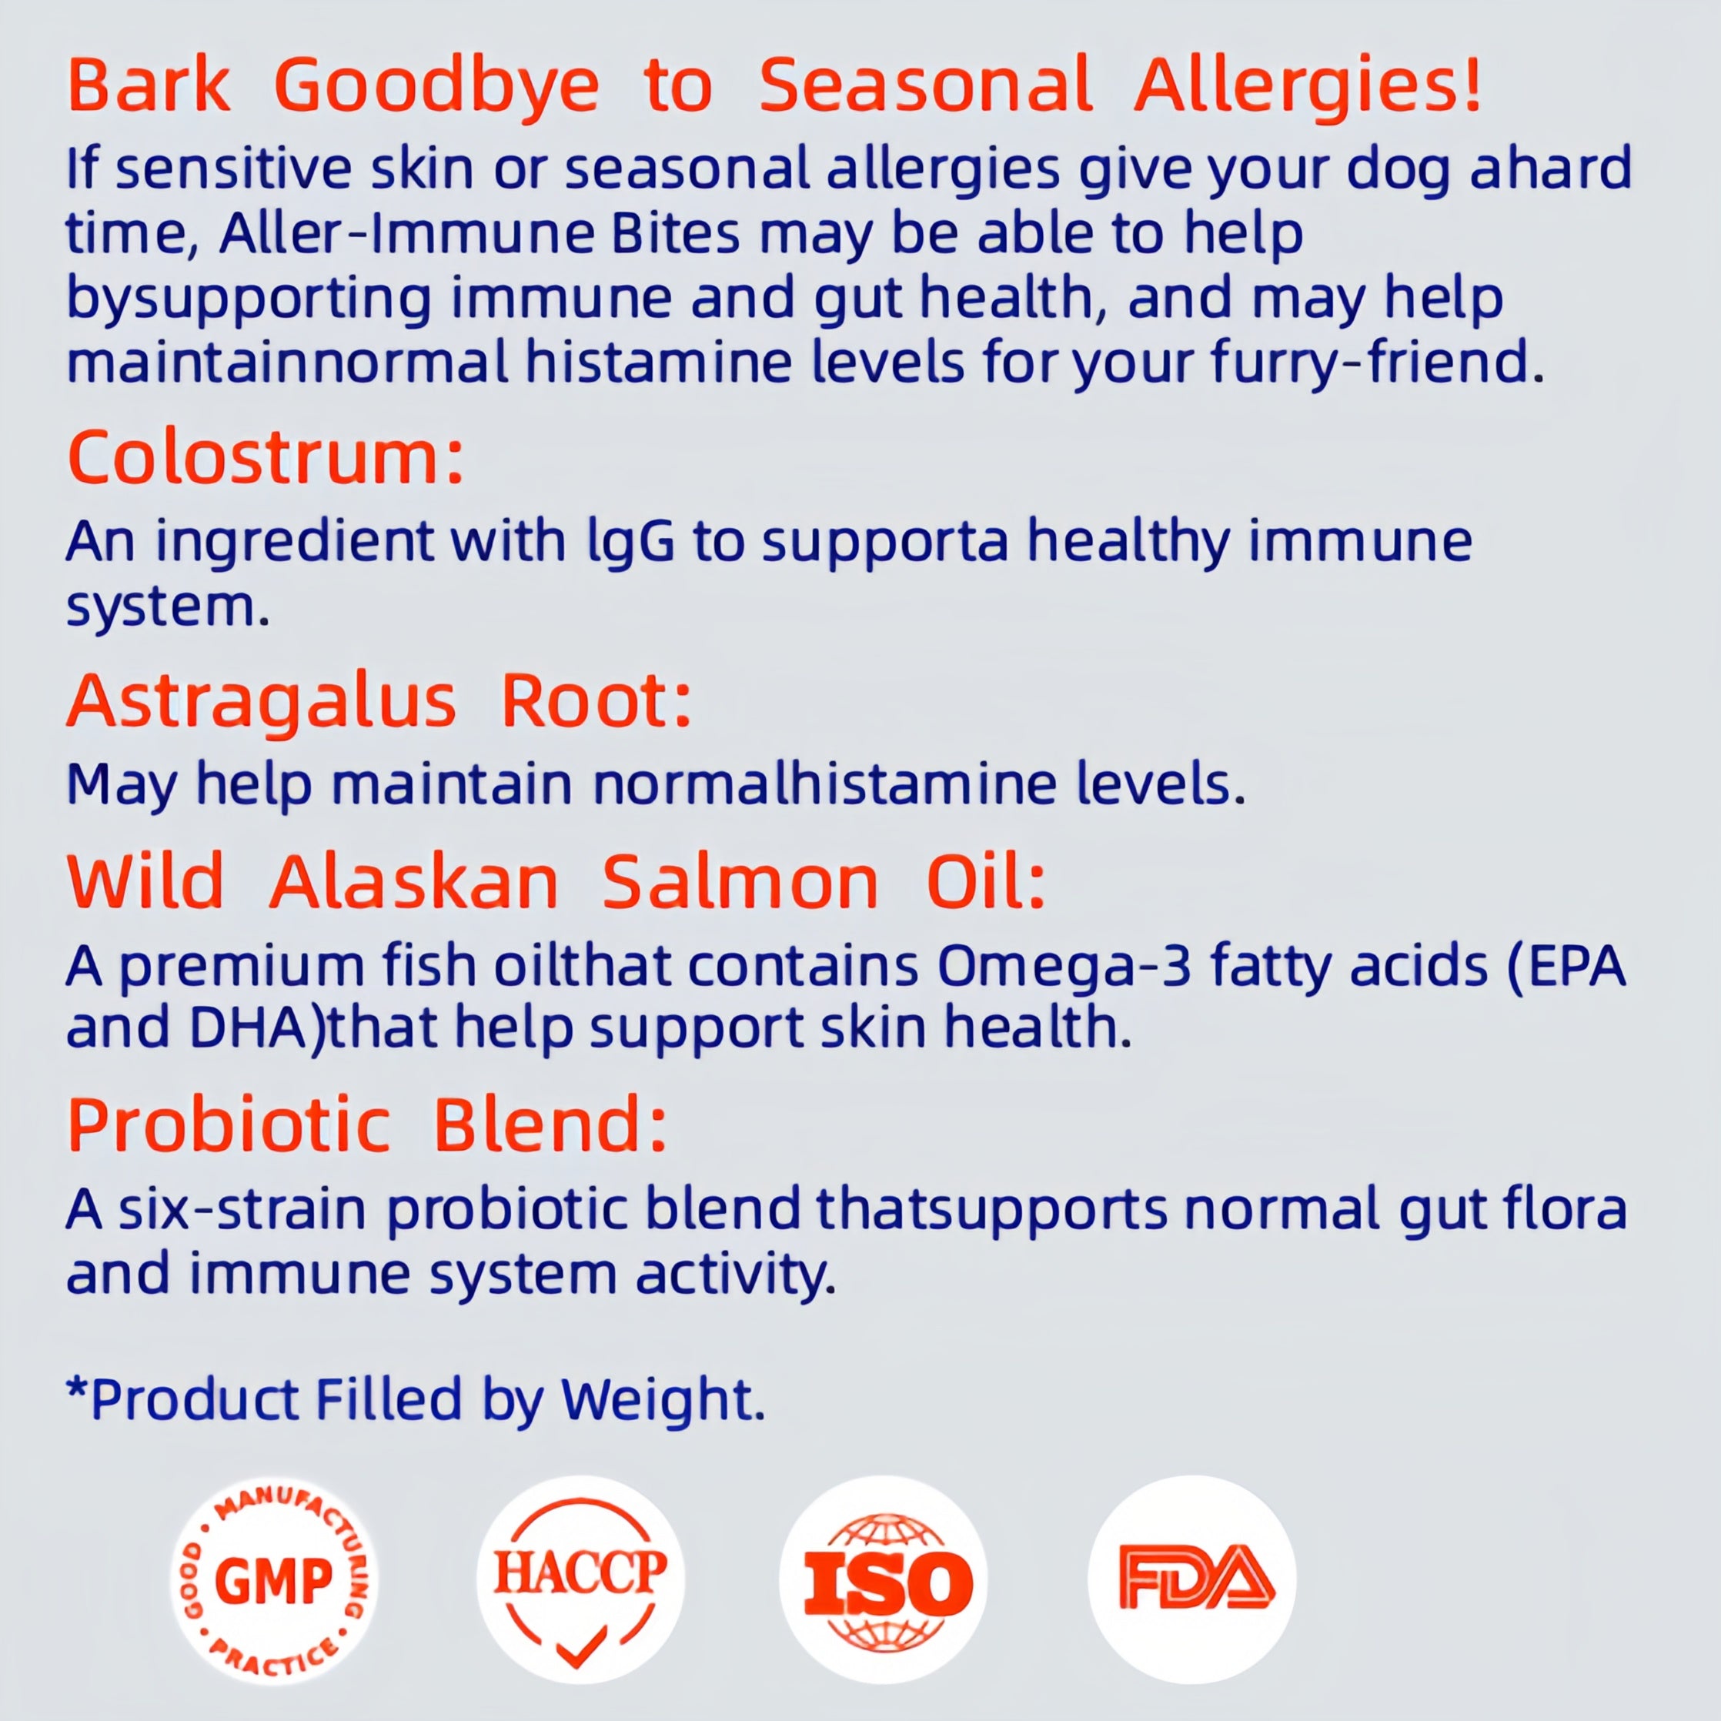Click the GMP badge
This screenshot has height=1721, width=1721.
pyautogui.click(x=273, y=1580)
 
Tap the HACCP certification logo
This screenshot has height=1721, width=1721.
pyautogui.click(x=580, y=1579)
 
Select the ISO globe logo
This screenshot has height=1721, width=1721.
pyautogui.click(x=883, y=1580)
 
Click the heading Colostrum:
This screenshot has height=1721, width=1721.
pyautogui.click(x=266, y=458)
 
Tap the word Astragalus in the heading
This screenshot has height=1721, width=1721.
pyautogui.click(x=262, y=703)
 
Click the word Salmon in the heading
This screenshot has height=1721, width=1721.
pyautogui.click(x=740, y=883)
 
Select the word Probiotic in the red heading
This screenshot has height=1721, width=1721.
pyautogui.click(x=229, y=1124)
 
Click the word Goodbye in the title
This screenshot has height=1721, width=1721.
pyautogui.click(x=436, y=86)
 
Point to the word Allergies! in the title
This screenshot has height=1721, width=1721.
pyautogui.click(x=1308, y=86)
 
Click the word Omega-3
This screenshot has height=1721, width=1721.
pyautogui.click(x=1064, y=966)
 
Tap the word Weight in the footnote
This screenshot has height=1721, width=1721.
pyautogui.click(x=657, y=1399)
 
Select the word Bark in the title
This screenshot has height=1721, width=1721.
pyautogui.click(x=149, y=86)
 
